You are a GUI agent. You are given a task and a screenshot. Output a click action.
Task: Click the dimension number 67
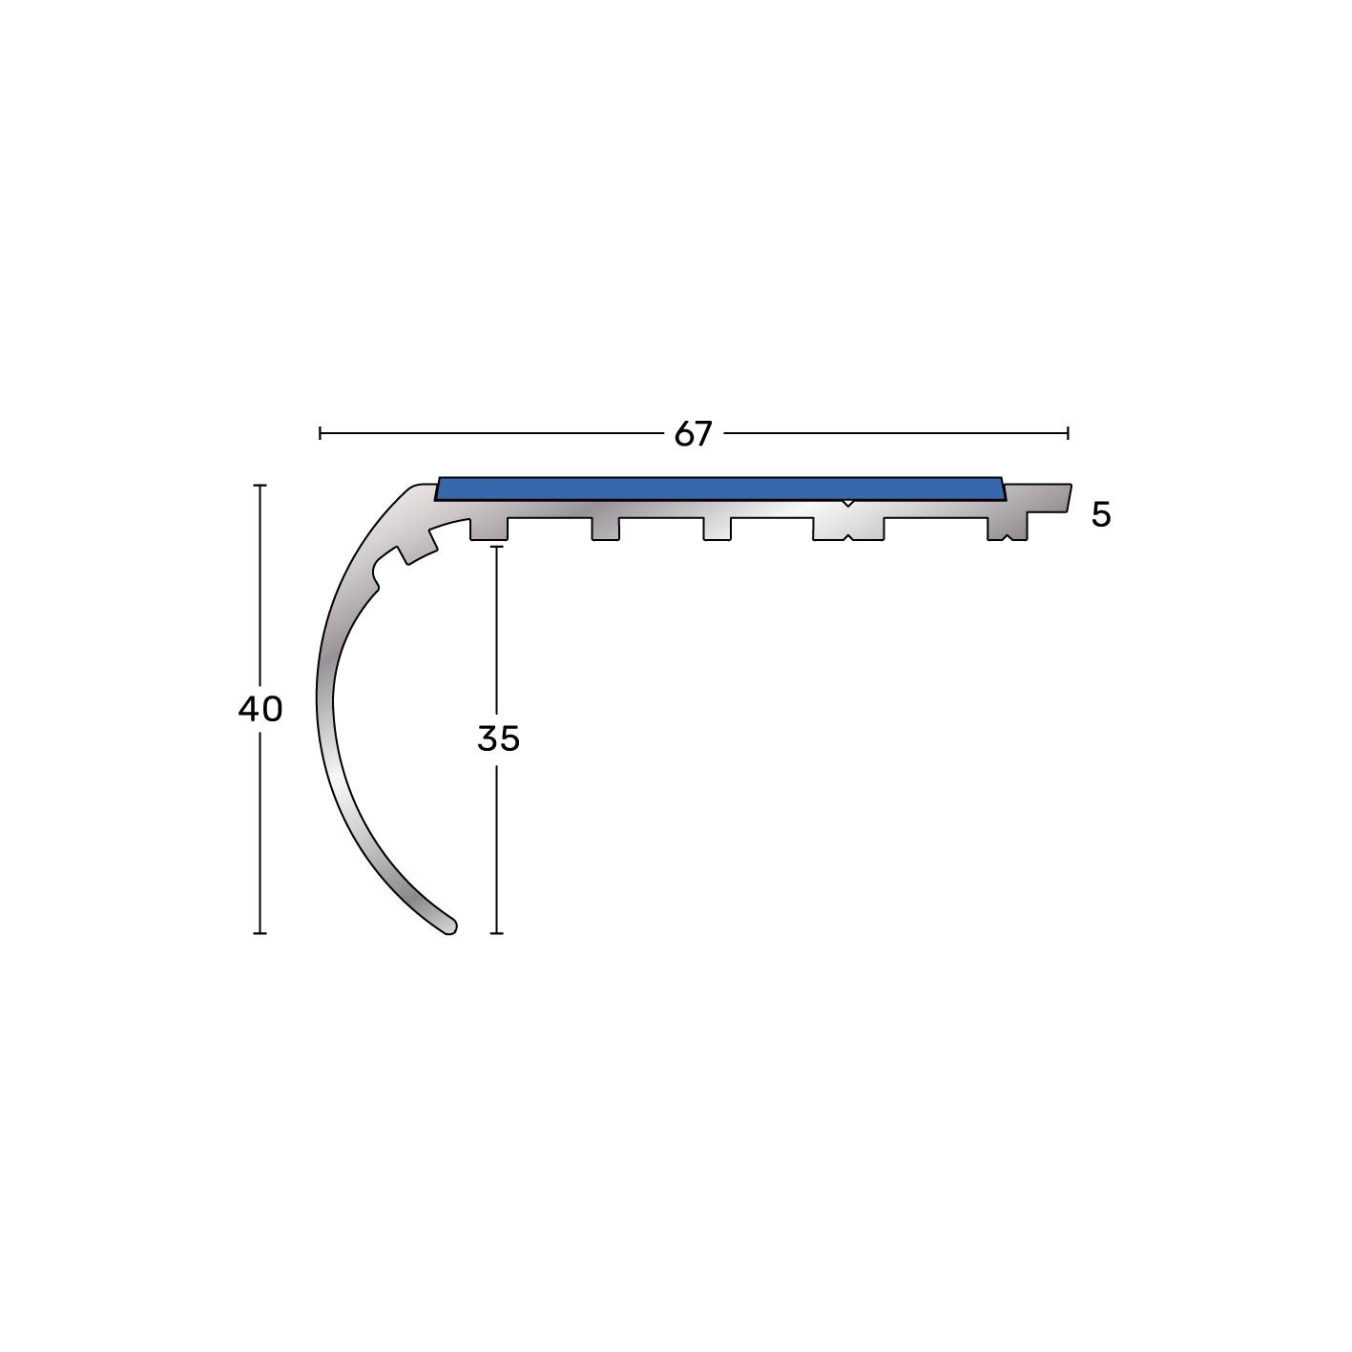coord(693,434)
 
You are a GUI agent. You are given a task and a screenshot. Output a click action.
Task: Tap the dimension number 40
coord(260,709)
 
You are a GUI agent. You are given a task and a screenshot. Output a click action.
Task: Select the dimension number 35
coord(498,738)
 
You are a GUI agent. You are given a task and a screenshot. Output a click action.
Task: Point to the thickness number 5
coord(1101,515)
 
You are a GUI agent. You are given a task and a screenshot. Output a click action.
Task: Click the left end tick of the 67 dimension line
coord(320,433)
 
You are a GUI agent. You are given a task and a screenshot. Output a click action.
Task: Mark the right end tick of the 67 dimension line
coord(1068,433)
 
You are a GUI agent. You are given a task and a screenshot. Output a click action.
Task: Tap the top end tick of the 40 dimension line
coord(260,486)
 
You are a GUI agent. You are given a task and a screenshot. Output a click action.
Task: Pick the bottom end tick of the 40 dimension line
coord(260,933)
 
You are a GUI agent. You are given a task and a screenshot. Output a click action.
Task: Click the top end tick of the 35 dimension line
coord(496,547)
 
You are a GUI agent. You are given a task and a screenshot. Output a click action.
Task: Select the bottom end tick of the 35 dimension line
coord(496,933)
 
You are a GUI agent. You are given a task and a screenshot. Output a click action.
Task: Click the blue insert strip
coord(720,489)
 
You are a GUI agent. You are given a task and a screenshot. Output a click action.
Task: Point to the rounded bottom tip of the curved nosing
coord(448,926)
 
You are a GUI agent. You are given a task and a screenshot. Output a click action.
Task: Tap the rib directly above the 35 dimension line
coord(489,529)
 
